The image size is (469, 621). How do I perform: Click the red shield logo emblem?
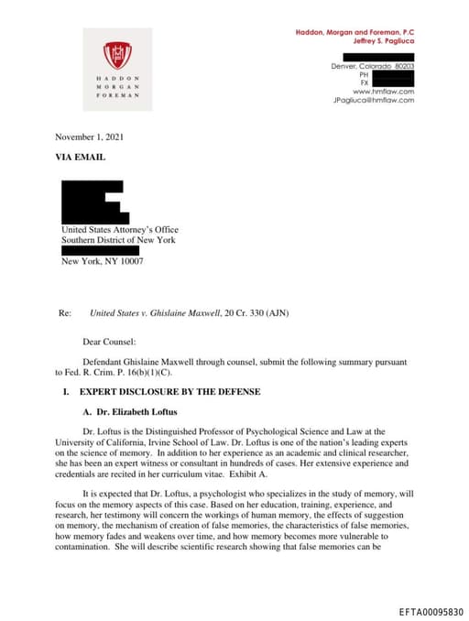coord(117,56)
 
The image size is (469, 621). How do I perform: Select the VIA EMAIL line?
coord(81,158)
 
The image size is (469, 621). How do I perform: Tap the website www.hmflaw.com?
coord(384,92)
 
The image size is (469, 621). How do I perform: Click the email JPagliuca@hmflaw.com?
coord(374,100)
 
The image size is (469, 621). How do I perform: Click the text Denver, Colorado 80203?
coord(373,67)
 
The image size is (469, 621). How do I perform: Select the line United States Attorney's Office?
coord(120,230)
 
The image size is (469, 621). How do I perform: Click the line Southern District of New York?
coord(118,240)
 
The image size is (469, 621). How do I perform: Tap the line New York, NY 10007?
coord(102,261)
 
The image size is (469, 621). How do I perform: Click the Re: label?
coord(65,313)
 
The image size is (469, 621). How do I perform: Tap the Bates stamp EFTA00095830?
coord(431,610)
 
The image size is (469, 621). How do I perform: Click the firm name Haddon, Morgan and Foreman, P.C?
coord(354,32)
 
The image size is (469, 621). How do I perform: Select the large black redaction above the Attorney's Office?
coord(92,202)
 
